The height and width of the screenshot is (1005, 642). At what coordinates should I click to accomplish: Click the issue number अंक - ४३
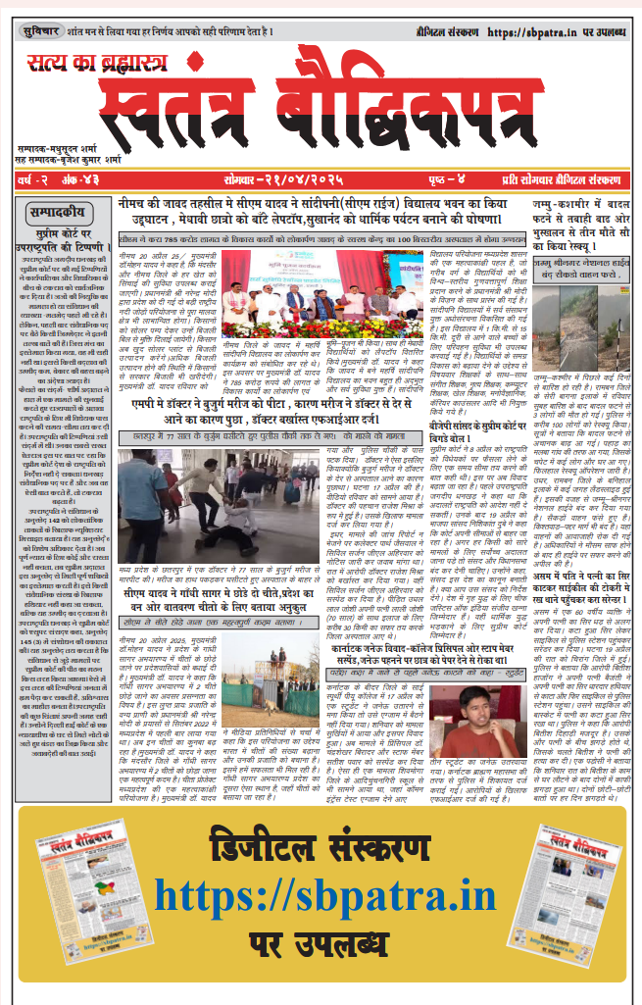75,181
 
